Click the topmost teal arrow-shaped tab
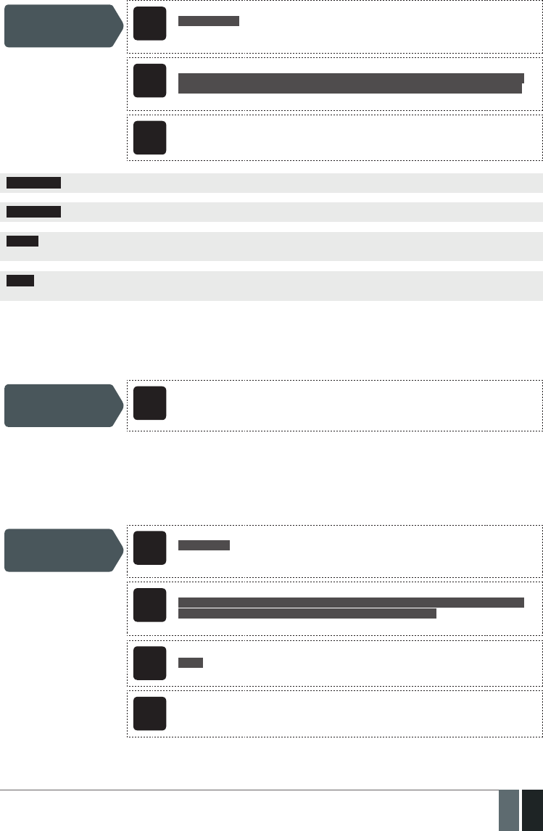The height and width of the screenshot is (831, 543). tap(62, 25)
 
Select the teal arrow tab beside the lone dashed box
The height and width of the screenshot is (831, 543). tap(62, 405)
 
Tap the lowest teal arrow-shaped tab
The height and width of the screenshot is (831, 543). tap(62, 550)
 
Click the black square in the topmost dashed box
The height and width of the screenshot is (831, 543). tap(149, 24)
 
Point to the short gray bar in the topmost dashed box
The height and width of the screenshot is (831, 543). tap(209, 20)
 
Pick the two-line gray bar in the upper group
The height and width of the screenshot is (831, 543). tap(350, 83)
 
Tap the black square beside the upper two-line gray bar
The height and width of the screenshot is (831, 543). tap(149, 80)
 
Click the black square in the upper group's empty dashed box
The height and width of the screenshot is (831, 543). tap(149, 137)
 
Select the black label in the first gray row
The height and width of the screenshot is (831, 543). tap(34, 182)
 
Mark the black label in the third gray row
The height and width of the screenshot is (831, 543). tap(23, 241)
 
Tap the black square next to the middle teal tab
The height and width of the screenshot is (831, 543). tap(149, 403)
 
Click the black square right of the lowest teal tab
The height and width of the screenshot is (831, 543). tap(149, 547)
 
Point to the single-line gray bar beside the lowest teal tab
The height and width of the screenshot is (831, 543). tap(204, 545)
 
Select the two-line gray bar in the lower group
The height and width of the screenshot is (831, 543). tap(350, 608)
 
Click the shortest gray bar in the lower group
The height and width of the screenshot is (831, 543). tap(191, 662)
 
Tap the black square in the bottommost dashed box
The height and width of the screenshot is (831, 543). tap(149, 714)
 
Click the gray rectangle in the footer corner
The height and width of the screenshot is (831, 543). tap(509, 810)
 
